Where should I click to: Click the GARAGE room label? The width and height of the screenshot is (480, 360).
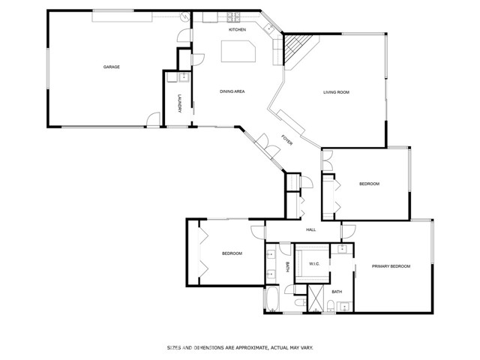coord(112,67)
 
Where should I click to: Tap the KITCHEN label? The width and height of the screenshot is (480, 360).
coord(237,30)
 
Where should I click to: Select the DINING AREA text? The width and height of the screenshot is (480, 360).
coord(232,91)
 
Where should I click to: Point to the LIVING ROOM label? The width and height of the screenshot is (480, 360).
coord(337,92)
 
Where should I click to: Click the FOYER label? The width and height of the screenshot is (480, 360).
coord(286,139)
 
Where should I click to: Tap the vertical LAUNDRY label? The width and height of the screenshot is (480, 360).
coord(180,103)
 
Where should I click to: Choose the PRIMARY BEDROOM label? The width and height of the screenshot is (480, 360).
coord(391,266)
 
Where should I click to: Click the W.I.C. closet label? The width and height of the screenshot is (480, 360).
coord(314,263)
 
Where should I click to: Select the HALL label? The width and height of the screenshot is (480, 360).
coord(311,229)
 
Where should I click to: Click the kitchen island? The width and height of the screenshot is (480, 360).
coord(238,52)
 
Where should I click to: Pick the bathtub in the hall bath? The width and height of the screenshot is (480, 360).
coord(272,298)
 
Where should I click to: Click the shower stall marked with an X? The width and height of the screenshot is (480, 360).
coord(316,298)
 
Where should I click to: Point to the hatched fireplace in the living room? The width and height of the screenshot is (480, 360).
coord(295,48)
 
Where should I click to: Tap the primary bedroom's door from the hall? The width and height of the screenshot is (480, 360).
coord(349,232)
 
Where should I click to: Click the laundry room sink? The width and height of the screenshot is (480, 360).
coord(184,77)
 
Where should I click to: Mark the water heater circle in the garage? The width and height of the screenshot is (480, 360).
coord(185,17)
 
